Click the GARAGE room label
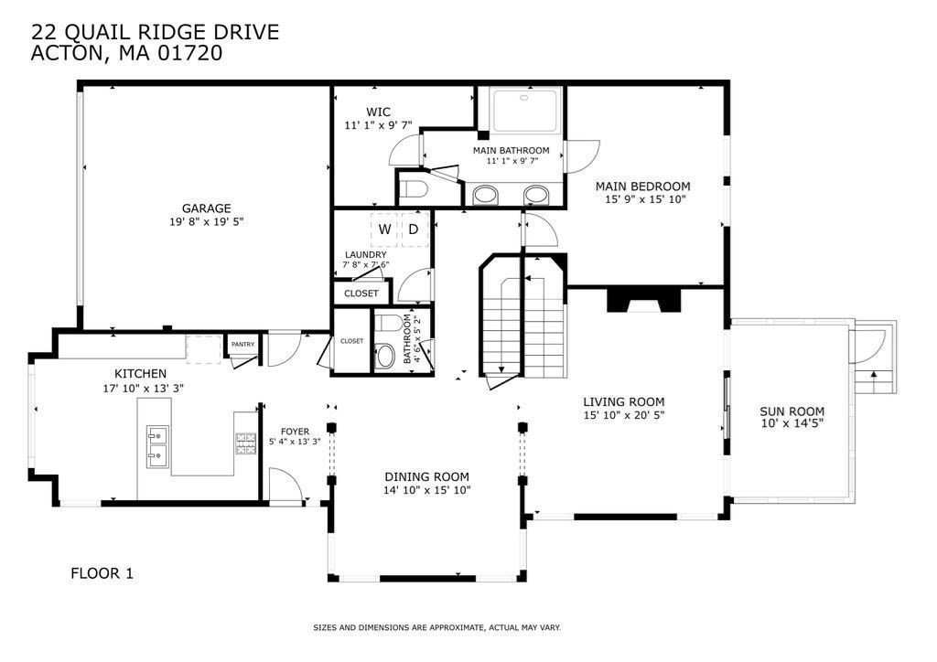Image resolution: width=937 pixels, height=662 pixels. point(206,208)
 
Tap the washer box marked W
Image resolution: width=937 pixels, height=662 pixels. point(384,230)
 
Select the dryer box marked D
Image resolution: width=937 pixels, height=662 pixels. point(415,230)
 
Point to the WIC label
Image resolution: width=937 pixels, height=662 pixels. point(378,112)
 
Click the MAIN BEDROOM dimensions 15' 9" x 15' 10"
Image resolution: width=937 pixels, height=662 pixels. point(645,199)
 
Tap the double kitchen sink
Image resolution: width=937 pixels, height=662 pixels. point(157,446)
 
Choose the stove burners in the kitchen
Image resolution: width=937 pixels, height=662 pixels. point(245,443)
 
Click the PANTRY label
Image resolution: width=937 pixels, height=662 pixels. point(243,345)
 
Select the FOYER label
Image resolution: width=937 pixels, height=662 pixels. point(296,431)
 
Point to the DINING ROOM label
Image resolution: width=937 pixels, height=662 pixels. point(426,477)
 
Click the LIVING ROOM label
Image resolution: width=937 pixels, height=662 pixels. point(624,401)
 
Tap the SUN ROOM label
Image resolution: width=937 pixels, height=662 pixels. point(792,411)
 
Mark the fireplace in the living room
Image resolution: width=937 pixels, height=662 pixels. point(644,300)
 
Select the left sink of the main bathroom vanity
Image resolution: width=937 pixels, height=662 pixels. point(485,195)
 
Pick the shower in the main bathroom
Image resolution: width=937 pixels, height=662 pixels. point(524,110)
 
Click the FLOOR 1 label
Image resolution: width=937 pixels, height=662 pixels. point(102,573)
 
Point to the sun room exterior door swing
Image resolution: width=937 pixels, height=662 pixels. point(867,347)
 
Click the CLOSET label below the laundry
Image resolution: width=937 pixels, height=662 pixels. point(361,294)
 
